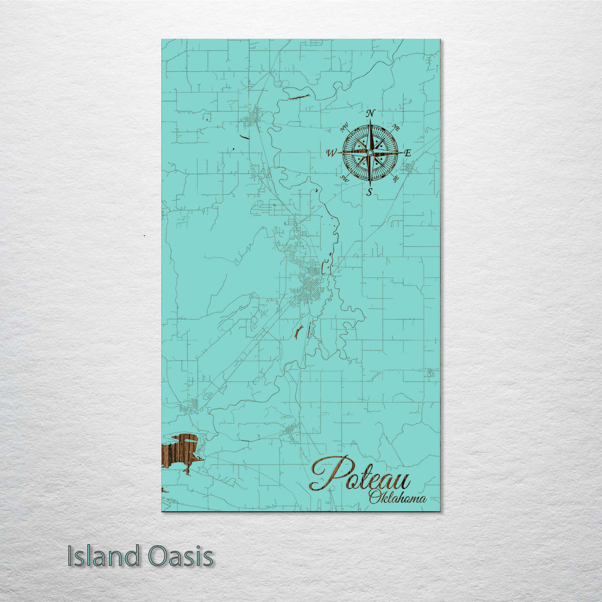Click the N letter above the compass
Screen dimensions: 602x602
point(370,114)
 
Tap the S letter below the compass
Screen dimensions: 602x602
point(369,192)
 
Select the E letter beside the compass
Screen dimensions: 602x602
point(407,153)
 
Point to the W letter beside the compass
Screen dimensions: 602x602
point(331,153)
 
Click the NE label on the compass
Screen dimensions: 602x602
point(396,127)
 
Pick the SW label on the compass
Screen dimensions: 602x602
point(344,179)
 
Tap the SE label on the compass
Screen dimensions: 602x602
point(396,178)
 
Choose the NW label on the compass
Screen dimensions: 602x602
point(344,128)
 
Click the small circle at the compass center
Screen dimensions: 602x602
point(370,152)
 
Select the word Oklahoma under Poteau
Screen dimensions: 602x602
point(397,498)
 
